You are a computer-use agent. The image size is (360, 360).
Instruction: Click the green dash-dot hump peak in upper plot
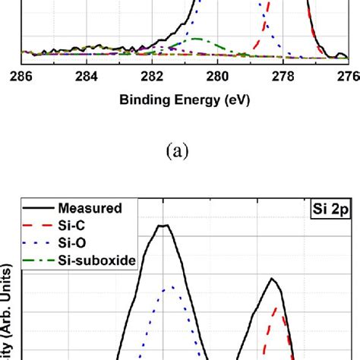click(x=196, y=38)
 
